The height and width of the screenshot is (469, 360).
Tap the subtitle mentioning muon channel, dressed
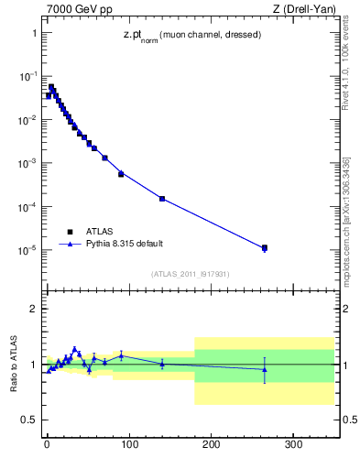(x=191, y=36)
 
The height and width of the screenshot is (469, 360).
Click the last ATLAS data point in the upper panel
(x=265, y=247)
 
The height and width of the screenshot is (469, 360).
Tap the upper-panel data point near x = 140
(x=162, y=199)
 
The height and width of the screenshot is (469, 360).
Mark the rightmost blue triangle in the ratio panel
(x=265, y=369)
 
